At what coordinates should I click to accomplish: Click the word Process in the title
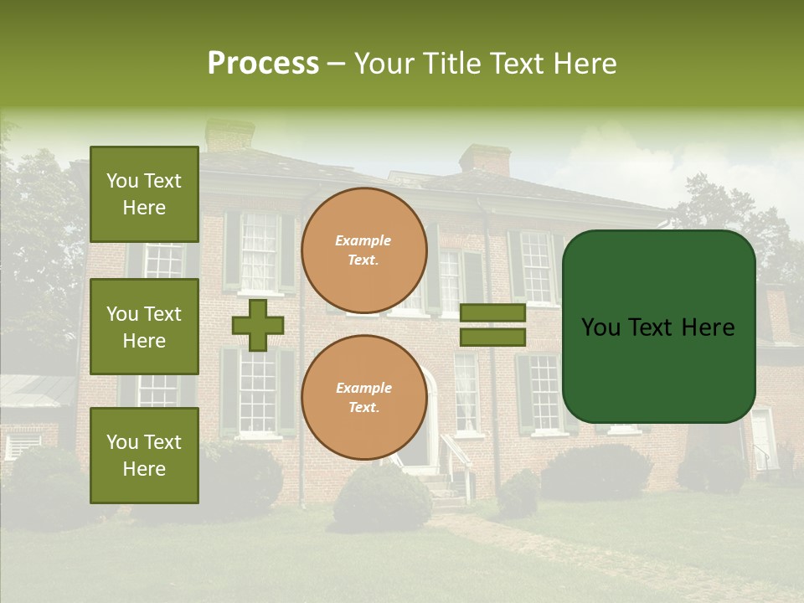[x=263, y=64]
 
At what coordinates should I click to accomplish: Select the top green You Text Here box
[x=144, y=194]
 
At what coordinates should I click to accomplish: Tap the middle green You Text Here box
[x=144, y=327]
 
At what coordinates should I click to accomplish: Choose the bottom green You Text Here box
[x=144, y=455]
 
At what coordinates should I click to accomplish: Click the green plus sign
[x=257, y=325]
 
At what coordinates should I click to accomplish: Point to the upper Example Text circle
[x=363, y=250]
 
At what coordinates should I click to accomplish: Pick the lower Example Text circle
[x=363, y=398]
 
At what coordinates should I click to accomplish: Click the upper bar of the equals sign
[x=492, y=312]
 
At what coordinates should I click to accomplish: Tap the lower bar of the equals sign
[x=492, y=338]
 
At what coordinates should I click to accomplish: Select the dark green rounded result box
[x=658, y=327]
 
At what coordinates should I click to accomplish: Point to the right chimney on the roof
[x=485, y=159]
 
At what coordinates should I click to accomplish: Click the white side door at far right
[x=761, y=439]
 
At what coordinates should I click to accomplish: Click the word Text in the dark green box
[x=658, y=327]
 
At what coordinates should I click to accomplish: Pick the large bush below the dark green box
[x=596, y=472]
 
